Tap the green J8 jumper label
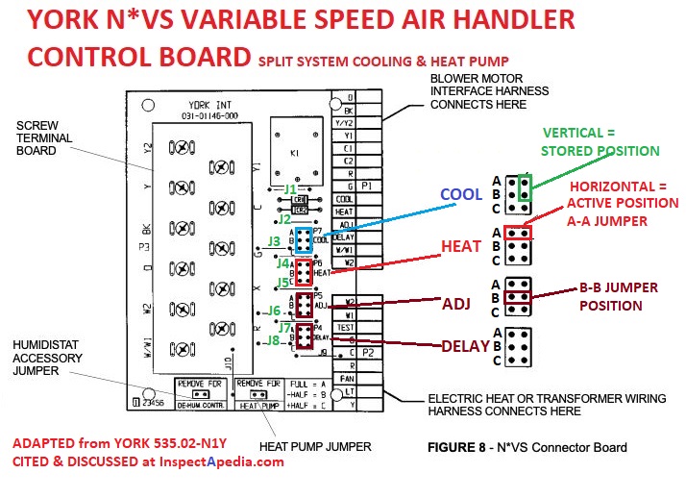pos(274,339)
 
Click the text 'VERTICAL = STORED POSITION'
pos(600,142)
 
